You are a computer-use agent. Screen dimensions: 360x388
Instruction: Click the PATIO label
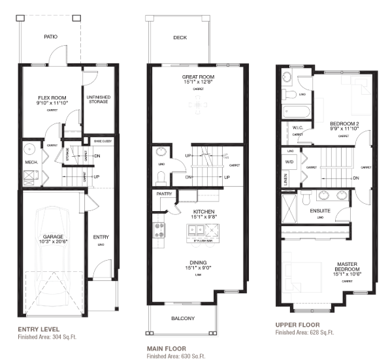pos(51,37)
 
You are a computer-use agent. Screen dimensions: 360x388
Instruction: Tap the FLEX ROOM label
pos(52,99)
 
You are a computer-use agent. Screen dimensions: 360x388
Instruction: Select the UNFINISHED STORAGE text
pos(97,99)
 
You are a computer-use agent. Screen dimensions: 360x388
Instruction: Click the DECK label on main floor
pos(180,37)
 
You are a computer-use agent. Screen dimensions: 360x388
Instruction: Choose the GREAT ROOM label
pos(198,76)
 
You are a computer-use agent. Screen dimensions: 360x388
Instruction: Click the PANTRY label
pos(163,194)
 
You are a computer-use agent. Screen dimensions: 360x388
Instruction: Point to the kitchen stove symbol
pos(159,229)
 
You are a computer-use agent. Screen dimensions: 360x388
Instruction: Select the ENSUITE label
pos(320,210)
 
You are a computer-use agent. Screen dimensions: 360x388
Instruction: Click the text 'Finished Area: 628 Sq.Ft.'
pos(304,333)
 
